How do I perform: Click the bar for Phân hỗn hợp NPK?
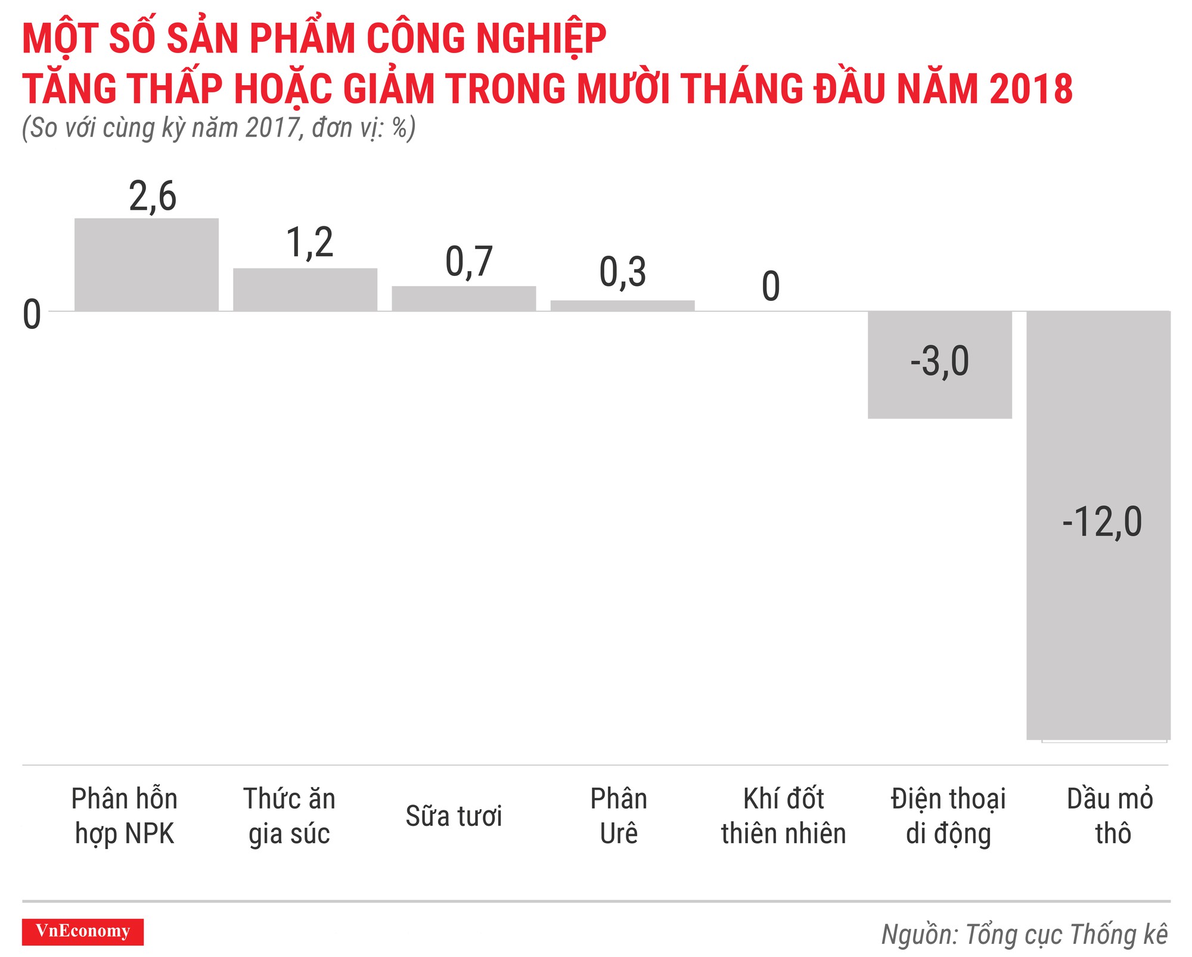[146, 265]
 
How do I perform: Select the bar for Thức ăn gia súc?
[305, 290]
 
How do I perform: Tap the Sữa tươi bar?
[463, 299]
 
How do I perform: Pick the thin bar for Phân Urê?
[622, 306]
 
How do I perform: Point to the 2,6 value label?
[153, 197]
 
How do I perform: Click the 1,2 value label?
[309, 243]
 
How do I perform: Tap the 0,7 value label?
[468, 262]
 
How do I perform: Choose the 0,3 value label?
[622, 272]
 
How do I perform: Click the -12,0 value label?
[1102, 523]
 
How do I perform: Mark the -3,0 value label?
[939, 361]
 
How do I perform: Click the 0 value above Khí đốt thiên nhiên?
[771, 286]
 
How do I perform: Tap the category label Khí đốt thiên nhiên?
[783, 816]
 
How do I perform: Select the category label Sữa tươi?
[454, 816]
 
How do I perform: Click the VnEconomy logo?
[83, 931]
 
